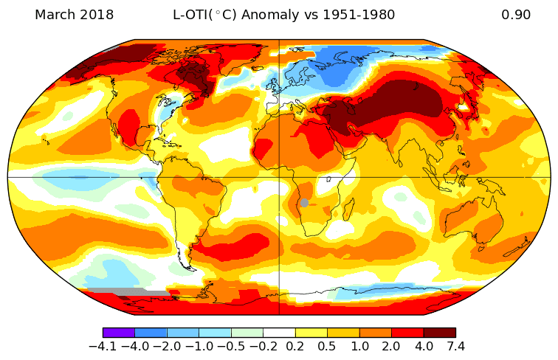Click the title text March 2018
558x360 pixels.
point(74,15)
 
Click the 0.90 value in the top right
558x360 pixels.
point(516,15)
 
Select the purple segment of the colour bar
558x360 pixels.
point(118,333)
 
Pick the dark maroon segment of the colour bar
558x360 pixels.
point(439,333)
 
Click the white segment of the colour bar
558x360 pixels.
point(279,333)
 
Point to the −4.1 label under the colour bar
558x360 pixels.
point(103,346)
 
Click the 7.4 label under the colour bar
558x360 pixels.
point(455,346)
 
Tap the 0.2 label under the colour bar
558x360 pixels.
point(295,346)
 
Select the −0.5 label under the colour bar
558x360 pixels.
point(231,346)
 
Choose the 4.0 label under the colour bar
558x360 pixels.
point(424,346)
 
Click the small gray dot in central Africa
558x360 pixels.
point(304,203)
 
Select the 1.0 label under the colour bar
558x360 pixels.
point(359,346)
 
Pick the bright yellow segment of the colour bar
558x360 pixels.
point(311,333)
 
